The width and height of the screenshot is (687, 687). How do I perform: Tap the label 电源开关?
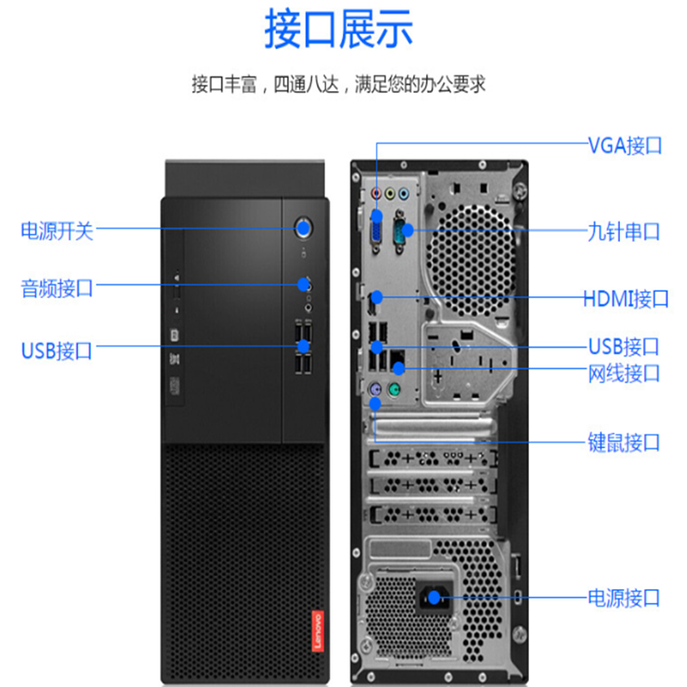(x=57, y=230)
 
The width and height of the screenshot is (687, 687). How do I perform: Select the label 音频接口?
(x=57, y=288)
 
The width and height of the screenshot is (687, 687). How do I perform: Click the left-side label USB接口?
(x=57, y=350)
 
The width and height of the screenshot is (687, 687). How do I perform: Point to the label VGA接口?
(x=624, y=144)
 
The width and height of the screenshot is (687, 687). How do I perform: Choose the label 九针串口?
(x=624, y=231)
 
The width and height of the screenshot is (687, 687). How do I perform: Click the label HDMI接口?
(x=625, y=299)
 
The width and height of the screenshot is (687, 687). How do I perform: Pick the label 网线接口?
(x=624, y=373)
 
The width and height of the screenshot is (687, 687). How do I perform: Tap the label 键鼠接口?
(x=624, y=442)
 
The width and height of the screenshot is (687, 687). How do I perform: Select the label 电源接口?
(x=624, y=597)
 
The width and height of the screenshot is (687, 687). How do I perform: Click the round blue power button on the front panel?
(x=303, y=228)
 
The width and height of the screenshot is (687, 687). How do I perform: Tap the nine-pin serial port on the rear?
(x=400, y=229)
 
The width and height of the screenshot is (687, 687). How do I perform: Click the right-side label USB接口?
(x=624, y=347)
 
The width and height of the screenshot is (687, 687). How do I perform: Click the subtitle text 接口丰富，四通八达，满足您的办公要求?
(x=338, y=85)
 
